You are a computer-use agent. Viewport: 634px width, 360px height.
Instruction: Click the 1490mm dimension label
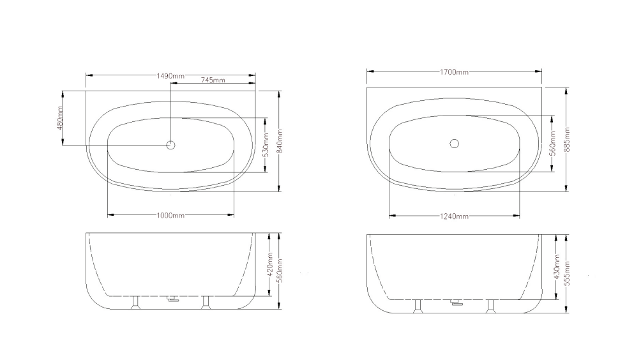point(170,75)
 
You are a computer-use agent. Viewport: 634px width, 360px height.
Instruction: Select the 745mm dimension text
point(213,81)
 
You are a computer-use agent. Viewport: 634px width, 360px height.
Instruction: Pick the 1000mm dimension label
point(170,216)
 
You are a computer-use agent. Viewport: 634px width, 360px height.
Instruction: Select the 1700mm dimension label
point(453,72)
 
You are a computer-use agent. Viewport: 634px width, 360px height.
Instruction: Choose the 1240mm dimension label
point(454,216)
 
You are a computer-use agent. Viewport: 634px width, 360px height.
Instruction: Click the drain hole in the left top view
point(171,145)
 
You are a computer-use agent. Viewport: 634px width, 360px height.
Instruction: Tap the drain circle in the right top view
point(454,144)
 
